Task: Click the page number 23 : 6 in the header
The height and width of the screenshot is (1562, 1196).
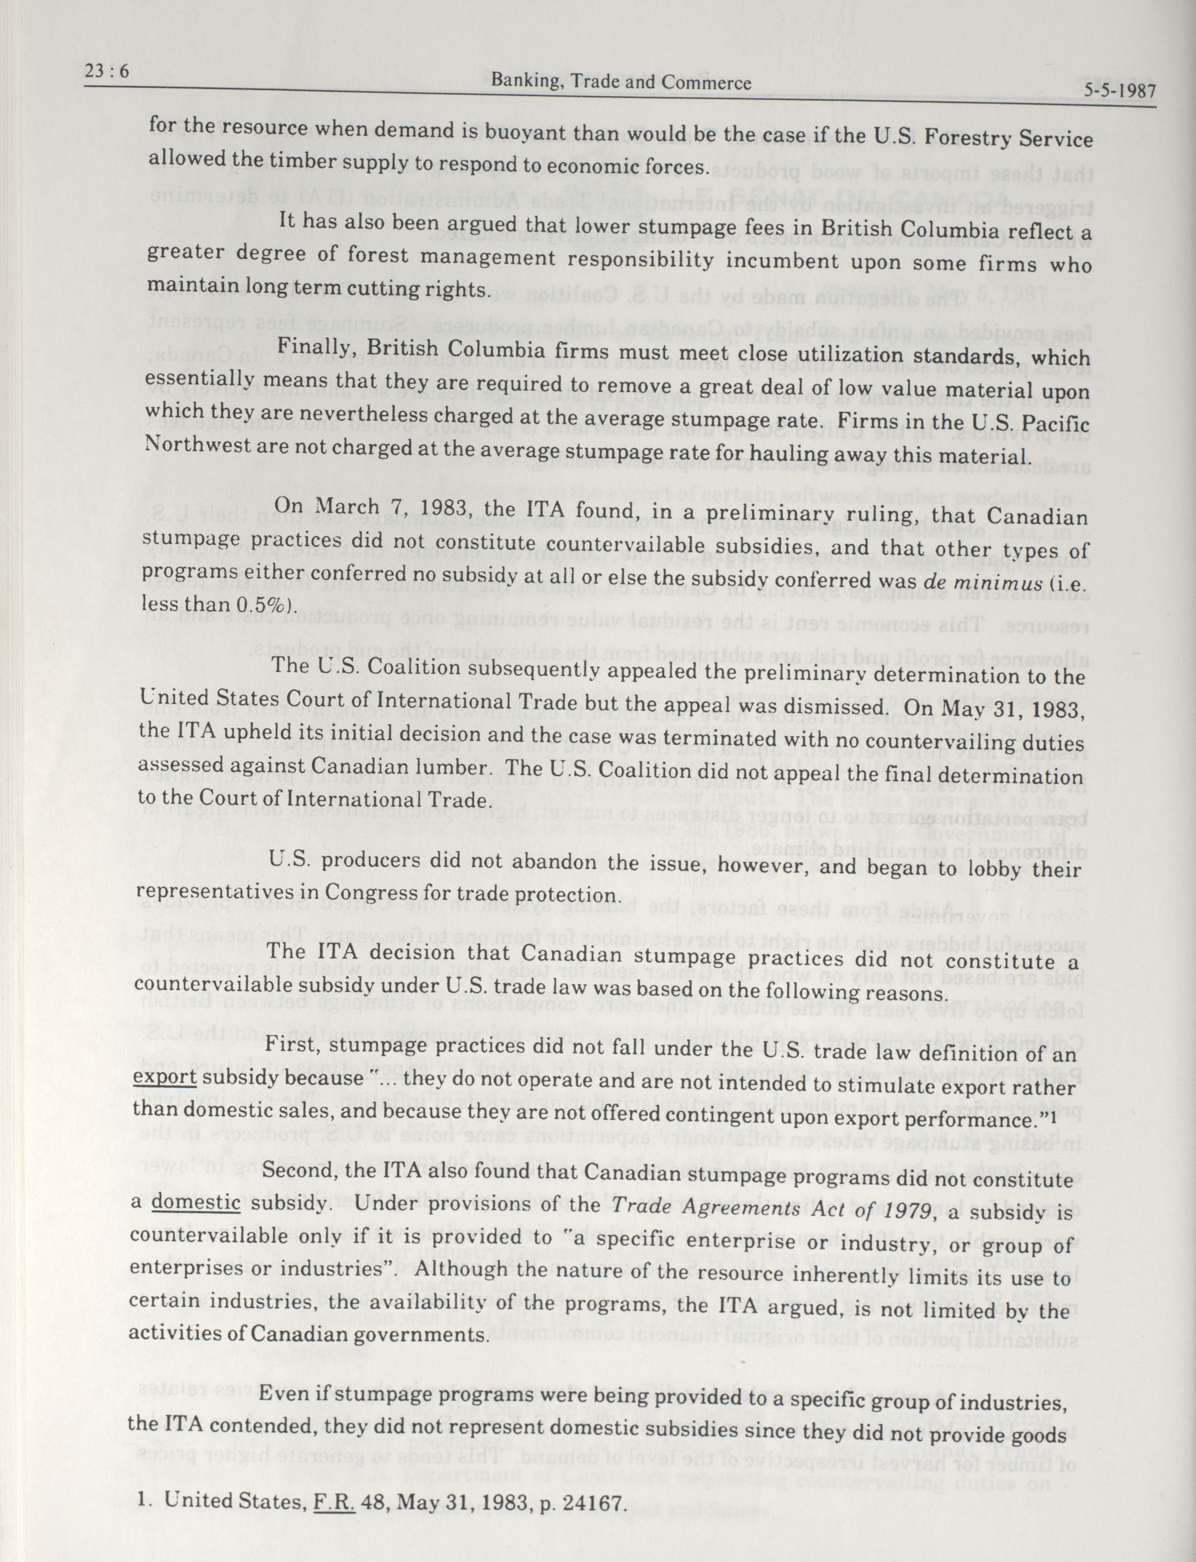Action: tap(106, 73)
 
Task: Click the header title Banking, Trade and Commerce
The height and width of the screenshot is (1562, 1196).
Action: tap(621, 83)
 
